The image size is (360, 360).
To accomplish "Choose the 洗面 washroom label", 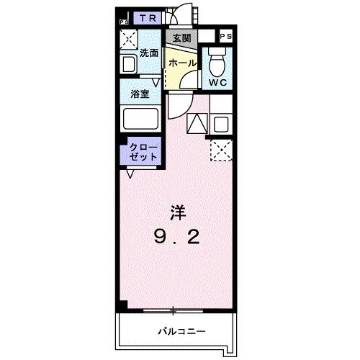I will pyautogui.click(x=149, y=53).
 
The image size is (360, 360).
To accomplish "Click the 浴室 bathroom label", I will pyautogui.click(x=140, y=94).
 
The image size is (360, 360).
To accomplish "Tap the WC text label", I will pyautogui.click(x=217, y=82).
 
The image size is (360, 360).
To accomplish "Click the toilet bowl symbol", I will pyautogui.click(x=216, y=63).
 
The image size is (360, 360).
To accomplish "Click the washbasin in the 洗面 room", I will pyautogui.click(x=130, y=64).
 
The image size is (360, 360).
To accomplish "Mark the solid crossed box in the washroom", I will pyautogui.click(x=128, y=40).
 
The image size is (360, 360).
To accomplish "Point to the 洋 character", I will pyautogui.click(x=176, y=212).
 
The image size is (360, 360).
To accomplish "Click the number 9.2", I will pyautogui.click(x=176, y=238).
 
